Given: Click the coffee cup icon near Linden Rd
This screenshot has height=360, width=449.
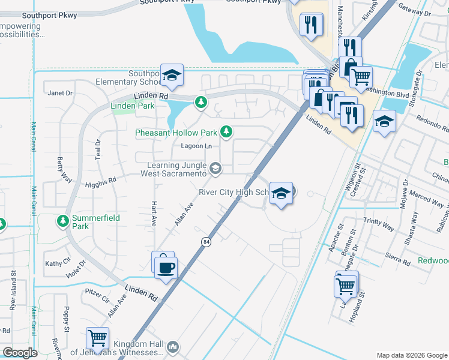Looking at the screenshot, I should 165,267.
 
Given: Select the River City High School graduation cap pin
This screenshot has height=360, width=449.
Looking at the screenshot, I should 281,193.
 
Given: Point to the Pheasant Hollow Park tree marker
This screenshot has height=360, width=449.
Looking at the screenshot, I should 226,131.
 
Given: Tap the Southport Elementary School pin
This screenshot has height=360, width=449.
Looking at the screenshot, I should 172,75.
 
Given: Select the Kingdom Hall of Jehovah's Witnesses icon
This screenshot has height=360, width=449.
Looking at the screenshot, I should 173,346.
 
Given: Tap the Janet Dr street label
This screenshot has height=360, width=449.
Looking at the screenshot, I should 59,93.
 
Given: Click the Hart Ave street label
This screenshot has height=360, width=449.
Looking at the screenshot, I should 154,213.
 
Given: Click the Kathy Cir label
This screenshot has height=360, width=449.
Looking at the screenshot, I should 57,263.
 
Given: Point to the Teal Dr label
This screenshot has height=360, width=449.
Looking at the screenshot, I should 98,150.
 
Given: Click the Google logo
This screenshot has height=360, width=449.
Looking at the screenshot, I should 20,353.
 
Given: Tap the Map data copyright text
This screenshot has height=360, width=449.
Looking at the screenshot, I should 411,355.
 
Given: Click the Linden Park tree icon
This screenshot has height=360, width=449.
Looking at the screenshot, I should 201,103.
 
